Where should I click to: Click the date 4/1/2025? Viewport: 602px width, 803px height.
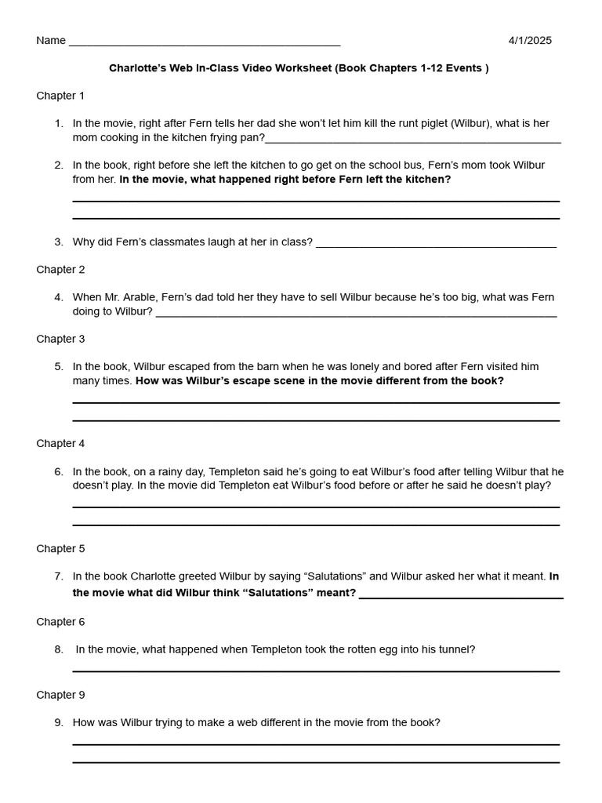pos(530,41)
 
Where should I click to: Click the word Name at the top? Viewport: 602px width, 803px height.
pos(51,41)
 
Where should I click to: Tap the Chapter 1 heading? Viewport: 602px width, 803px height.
pos(60,96)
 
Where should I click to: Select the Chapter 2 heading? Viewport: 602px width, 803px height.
pos(60,270)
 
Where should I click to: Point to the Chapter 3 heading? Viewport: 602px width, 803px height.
pos(60,340)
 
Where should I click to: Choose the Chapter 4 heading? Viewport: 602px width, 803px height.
pos(60,444)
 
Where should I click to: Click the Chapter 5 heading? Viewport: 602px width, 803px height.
pos(60,549)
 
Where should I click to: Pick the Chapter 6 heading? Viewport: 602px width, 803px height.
pos(60,622)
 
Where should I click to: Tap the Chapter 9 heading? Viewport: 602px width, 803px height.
pos(60,695)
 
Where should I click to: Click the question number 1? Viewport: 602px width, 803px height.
pos(59,124)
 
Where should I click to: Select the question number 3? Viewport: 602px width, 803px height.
pos(59,242)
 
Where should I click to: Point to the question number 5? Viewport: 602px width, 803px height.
pos(59,367)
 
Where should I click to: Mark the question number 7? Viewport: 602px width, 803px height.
pos(59,576)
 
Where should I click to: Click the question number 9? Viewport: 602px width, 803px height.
pos(59,723)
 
